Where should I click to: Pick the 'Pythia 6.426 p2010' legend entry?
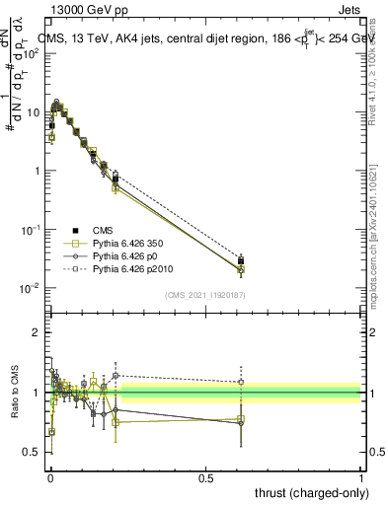coord(124,268)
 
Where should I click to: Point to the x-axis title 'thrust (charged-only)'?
coord(307,492)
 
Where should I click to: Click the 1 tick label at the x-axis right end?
coord(361,476)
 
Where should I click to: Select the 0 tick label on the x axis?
coord(49,476)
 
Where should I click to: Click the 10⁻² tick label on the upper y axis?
coord(29,288)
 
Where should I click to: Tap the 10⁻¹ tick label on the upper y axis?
coord(29,229)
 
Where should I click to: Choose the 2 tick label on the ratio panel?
coord(36,332)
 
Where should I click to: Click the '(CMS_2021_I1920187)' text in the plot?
coord(204,294)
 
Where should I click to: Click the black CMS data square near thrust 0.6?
coord(241,261)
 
